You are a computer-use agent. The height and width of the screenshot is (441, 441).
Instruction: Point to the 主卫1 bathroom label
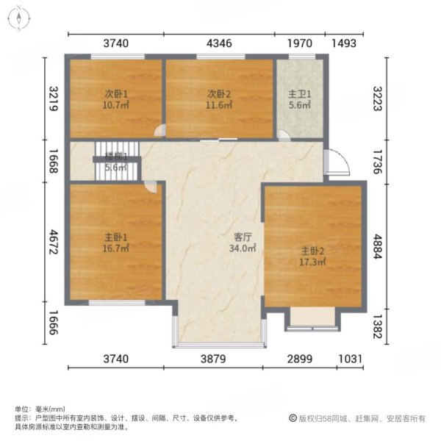[x=299, y=94]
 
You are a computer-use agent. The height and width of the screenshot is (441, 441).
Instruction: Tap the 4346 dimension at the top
[x=219, y=43]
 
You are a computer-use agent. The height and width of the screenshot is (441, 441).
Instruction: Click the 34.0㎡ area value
[x=243, y=249]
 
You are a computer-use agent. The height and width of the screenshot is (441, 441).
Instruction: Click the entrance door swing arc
[x=337, y=162]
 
